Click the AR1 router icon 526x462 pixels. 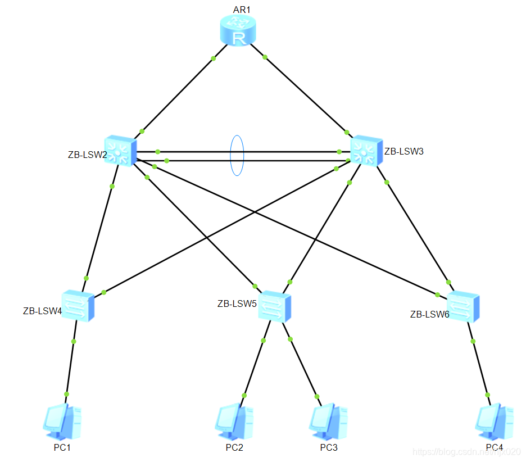tap(237, 30)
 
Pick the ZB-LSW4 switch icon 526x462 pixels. tap(78, 306)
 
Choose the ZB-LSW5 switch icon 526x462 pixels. tap(275, 306)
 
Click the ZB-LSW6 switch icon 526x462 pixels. tap(463, 306)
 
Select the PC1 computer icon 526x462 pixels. tap(59, 421)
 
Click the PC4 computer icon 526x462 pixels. tap(494, 421)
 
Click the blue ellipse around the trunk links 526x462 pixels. tap(237, 155)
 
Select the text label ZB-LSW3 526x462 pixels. tap(403, 151)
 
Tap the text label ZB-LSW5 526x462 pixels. tap(237, 304)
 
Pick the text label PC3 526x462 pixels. tap(329, 448)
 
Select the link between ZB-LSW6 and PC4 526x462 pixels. tap(480, 368)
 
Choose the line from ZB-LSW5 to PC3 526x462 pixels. tap(303, 368)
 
